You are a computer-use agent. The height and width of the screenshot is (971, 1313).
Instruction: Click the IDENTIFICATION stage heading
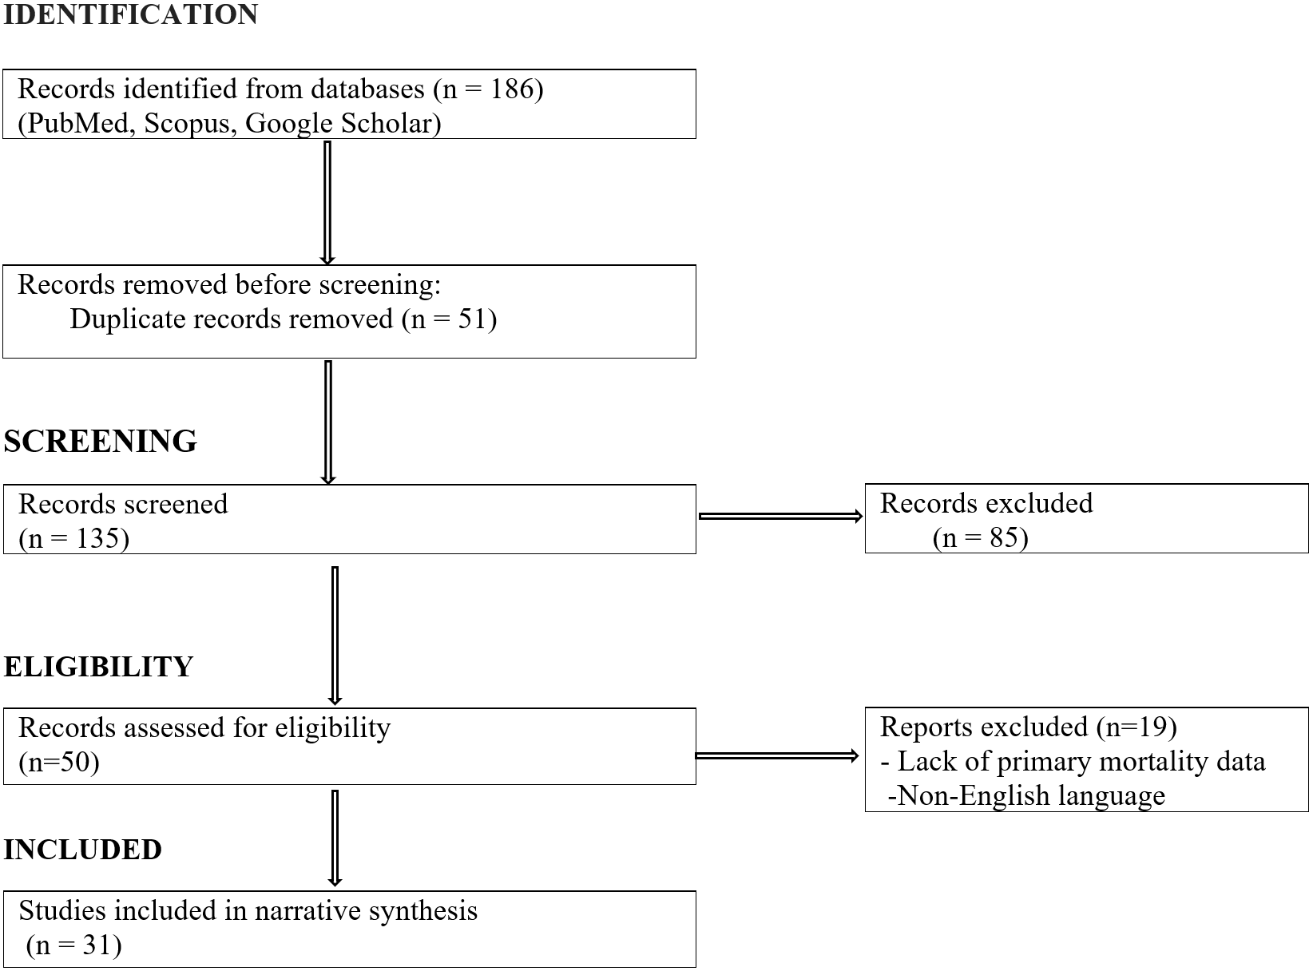pyautogui.click(x=130, y=14)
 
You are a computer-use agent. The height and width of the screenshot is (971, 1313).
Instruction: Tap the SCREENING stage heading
pyautogui.click(x=100, y=441)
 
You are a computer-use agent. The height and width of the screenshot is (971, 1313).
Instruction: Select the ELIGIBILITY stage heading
pyautogui.click(x=98, y=667)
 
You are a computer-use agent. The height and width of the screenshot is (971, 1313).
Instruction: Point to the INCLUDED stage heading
pyautogui.click(x=82, y=850)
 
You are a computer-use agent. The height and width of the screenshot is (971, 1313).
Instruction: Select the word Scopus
pyautogui.click(x=186, y=125)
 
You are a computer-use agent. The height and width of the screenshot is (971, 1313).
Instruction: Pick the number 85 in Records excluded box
pyautogui.click(x=1004, y=537)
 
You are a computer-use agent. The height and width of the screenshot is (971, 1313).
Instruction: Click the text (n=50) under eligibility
pyautogui.click(x=58, y=762)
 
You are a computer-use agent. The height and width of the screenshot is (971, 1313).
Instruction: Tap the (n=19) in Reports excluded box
pyautogui.click(x=1136, y=727)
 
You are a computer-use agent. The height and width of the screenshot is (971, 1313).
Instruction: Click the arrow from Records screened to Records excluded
pyautogui.click(x=780, y=517)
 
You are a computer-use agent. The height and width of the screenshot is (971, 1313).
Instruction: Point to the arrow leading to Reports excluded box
pyautogui.click(x=776, y=755)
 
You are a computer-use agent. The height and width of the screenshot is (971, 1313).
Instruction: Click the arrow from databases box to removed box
pyautogui.click(x=327, y=203)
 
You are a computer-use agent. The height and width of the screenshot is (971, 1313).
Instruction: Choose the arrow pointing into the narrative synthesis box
pyautogui.click(x=335, y=838)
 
